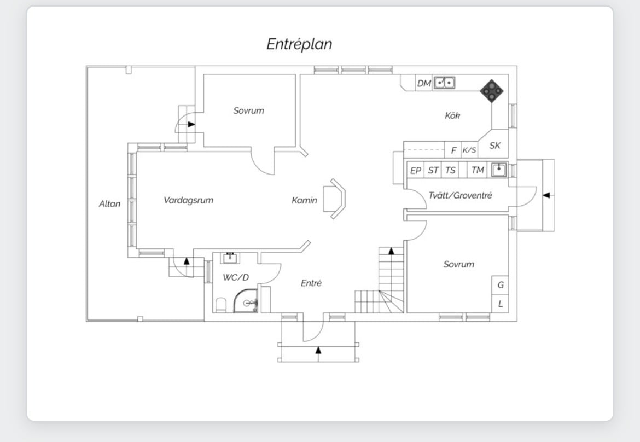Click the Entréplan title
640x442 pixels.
[299, 44]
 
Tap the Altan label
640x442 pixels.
[109, 203]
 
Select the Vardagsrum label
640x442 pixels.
[188, 200]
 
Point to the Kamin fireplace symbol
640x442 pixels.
[334, 199]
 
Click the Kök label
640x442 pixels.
[452, 115]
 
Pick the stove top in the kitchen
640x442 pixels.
[491, 91]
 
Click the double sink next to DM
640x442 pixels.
[444, 83]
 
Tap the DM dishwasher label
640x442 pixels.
[424, 84]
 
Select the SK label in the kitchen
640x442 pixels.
[494, 146]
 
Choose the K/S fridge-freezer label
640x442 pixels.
[469, 150]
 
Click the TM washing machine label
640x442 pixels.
[478, 170]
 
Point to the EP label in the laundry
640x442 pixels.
[416, 171]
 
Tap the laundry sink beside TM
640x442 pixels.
[499, 170]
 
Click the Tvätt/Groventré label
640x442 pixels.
[460, 195]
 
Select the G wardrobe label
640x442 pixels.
[501, 285]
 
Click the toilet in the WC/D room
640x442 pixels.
[221, 305]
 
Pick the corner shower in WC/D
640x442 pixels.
[246, 301]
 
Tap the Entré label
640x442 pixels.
[311, 283]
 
